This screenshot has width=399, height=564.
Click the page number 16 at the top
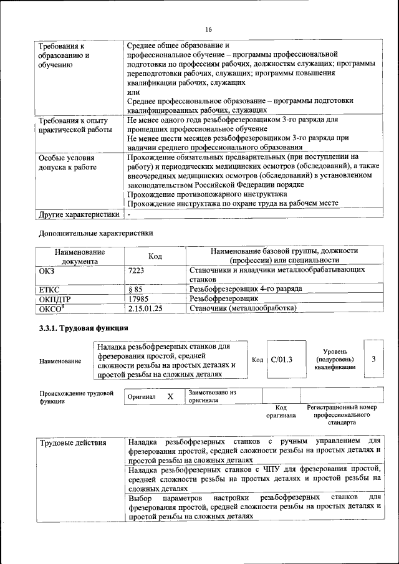tap(208, 29)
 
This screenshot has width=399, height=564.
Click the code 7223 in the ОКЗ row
tap(137, 270)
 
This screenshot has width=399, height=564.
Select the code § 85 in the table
tap(135, 289)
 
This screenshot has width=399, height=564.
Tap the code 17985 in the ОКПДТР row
tap(138, 299)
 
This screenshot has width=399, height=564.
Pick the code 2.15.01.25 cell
tap(145, 308)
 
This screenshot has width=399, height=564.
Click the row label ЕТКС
tap(49, 289)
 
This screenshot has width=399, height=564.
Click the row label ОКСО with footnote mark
tap(52, 308)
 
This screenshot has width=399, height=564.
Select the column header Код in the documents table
tap(155, 256)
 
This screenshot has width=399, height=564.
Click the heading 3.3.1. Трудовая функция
tap(84, 328)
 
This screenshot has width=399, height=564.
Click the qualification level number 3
tap(373, 360)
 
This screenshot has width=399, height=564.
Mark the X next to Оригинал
tap(170, 396)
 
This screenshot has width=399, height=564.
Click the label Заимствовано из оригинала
tap(212, 396)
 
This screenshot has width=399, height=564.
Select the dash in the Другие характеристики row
tap(128, 214)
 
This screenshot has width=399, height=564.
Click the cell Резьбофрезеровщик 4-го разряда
tap(246, 289)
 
